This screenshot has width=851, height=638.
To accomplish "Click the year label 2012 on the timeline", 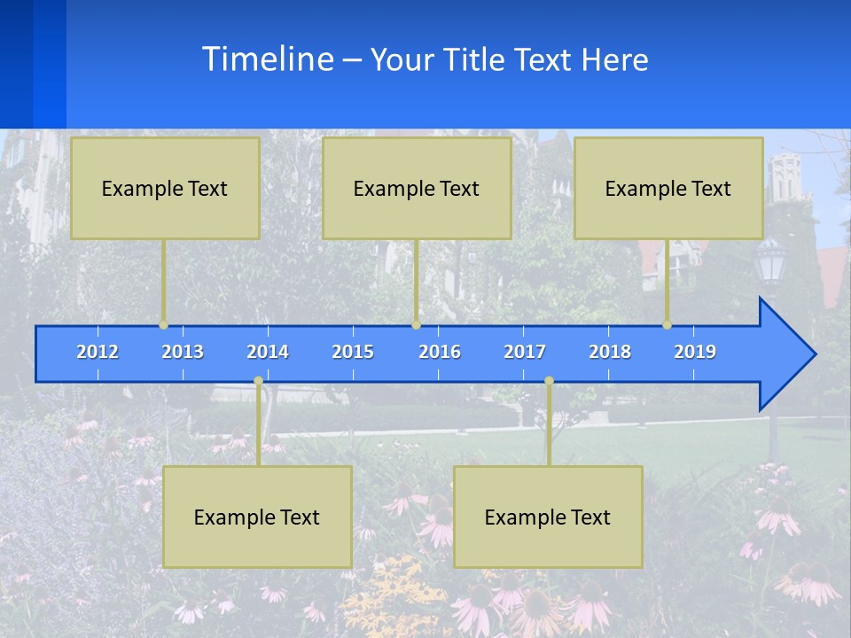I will click(98, 352).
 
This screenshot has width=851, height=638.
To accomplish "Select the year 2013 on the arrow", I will click(183, 352).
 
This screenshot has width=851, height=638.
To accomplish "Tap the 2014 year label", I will click(268, 352).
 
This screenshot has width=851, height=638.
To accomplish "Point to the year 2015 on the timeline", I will click(353, 352).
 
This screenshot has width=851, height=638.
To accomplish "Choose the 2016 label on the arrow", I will click(440, 352).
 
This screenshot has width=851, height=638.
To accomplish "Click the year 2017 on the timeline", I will click(525, 352).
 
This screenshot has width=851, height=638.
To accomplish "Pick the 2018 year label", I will click(610, 352).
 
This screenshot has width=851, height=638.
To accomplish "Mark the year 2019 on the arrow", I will click(695, 352).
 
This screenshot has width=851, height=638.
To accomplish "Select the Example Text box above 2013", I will click(165, 188).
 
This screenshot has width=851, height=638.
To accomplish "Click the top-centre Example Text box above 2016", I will click(417, 188).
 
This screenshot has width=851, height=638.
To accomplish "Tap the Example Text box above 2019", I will click(668, 188).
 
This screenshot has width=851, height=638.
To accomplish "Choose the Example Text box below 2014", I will click(257, 517).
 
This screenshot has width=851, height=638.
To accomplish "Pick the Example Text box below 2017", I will click(548, 517).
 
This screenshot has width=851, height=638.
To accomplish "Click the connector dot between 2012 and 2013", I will click(164, 325).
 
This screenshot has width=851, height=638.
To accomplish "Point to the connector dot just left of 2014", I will click(258, 381).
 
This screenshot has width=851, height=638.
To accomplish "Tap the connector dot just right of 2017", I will click(549, 381).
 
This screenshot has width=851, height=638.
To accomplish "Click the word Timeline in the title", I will click(267, 59).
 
